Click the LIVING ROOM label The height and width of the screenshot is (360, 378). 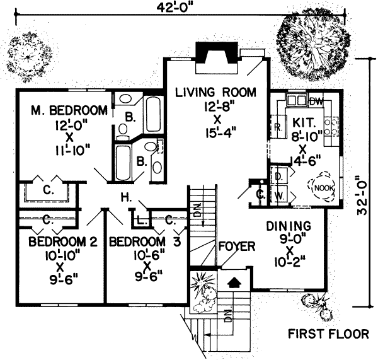coord(215,92)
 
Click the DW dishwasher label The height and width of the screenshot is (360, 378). coord(316,101)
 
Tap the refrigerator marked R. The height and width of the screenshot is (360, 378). coord(277,127)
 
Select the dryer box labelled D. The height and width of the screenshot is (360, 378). coord(278,176)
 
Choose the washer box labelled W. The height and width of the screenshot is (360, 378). coord(278,195)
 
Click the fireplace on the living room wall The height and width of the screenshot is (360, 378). coord(215,52)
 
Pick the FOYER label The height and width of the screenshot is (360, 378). coord(236,245)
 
